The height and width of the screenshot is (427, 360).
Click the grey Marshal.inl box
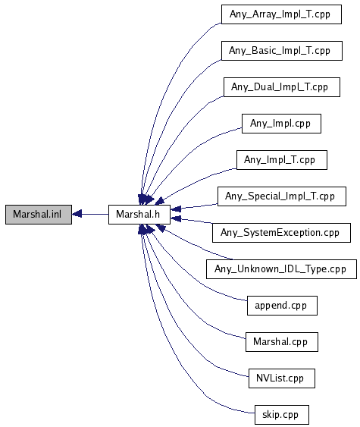(39, 215)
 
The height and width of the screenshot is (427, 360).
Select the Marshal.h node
(139, 215)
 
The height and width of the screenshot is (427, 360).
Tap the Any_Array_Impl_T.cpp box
(281, 14)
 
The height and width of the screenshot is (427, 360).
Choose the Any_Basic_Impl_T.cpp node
(282, 51)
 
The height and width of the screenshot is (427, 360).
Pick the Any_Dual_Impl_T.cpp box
(282, 87)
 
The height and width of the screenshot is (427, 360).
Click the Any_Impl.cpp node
(281, 124)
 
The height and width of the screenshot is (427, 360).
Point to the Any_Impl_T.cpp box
(282, 160)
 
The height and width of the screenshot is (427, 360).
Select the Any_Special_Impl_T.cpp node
(282, 196)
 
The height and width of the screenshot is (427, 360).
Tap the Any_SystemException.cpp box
(281, 233)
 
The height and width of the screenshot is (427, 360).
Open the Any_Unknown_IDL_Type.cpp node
(281, 269)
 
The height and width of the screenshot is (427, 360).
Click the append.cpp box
(282, 306)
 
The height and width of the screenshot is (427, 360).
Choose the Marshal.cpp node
(282, 342)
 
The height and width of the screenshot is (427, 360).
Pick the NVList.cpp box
(282, 378)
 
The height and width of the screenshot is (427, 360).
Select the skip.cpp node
(282, 415)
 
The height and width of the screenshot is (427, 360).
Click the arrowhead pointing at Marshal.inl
(77, 214)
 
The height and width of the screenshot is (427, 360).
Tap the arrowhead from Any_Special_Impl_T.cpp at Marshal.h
(176, 209)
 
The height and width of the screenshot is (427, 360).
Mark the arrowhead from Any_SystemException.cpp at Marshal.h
(176, 218)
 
